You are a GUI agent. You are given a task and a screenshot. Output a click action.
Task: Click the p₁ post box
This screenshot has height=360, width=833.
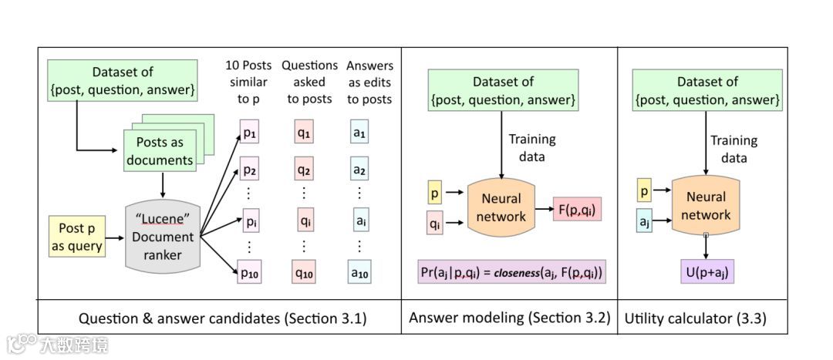click(x=249, y=133)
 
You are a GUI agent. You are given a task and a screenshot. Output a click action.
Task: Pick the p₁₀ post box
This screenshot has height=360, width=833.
click(x=249, y=272)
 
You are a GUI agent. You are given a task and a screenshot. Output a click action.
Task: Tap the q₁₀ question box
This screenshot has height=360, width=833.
click(x=304, y=272)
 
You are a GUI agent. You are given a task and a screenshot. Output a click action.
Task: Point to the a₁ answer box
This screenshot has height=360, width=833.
click(x=359, y=133)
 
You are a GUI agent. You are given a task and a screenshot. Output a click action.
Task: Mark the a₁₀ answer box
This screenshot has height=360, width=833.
click(x=359, y=272)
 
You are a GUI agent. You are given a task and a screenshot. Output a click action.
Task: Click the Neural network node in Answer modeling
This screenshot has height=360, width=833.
click(x=501, y=207)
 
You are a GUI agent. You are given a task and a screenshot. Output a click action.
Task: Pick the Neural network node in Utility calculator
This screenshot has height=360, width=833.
click(x=705, y=206)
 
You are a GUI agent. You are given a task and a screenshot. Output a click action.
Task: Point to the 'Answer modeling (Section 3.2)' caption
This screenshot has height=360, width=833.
click(x=509, y=318)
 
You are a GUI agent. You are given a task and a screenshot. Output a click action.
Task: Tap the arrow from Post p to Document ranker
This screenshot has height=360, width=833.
click(x=113, y=237)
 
